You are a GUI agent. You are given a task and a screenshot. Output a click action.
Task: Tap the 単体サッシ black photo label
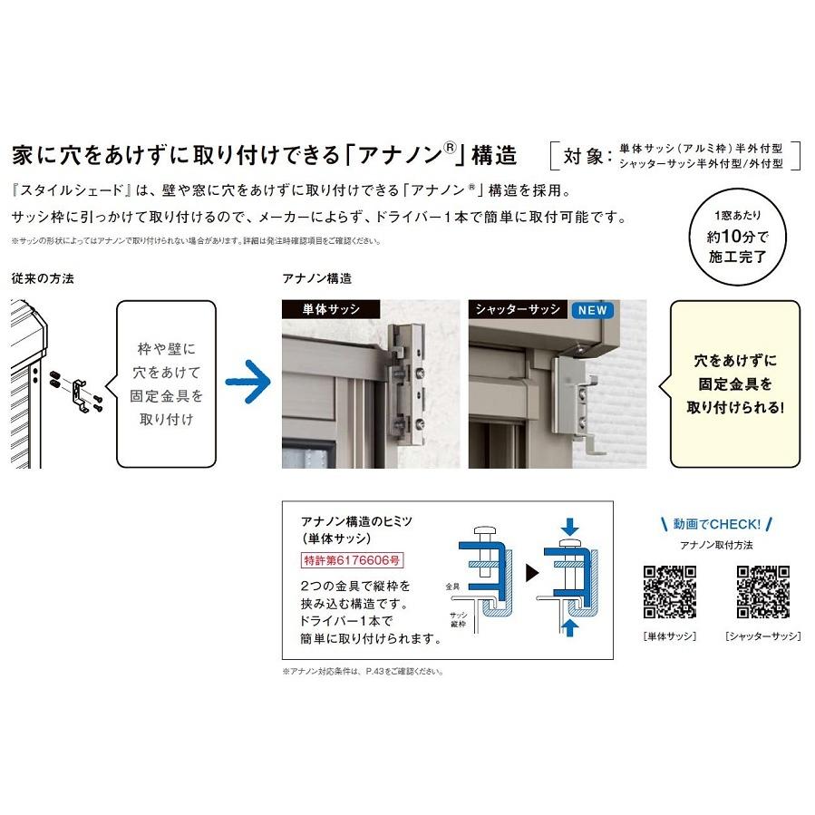click(x=330, y=309)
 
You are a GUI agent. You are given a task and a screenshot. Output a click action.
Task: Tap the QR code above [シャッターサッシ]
click(x=762, y=591)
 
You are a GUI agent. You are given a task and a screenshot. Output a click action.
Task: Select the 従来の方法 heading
click(x=44, y=278)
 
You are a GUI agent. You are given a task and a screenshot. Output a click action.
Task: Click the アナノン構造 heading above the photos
click(x=316, y=278)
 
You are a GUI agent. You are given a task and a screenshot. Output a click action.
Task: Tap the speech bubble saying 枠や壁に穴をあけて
click(x=166, y=383)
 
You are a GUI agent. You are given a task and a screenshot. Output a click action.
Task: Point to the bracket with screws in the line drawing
click(x=80, y=391)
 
